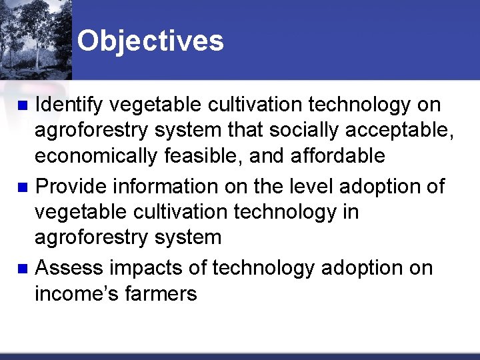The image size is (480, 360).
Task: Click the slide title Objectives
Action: (x=150, y=41)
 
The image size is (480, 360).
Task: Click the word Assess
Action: (x=69, y=268)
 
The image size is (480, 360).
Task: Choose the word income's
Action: (x=79, y=293)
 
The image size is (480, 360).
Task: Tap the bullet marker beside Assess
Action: (x=22, y=269)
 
